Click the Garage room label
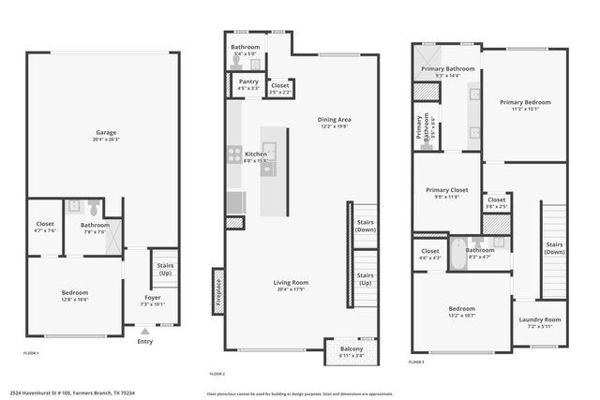click(106, 132)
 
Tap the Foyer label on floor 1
click(152, 297)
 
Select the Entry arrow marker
click(144, 332)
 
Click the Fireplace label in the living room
click(218, 292)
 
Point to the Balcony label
click(338, 349)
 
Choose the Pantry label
click(248, 81)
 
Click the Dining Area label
click(334, 119)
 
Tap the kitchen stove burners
click(234, 155)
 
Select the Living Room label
click(291, 283)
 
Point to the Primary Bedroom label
click(525, 102)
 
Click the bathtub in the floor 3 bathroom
click(458, 254)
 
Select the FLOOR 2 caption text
click(218, 373)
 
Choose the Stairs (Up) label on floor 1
click(165, 269)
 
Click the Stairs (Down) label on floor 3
click(555, 247)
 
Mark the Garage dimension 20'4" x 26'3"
click(106, 140)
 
